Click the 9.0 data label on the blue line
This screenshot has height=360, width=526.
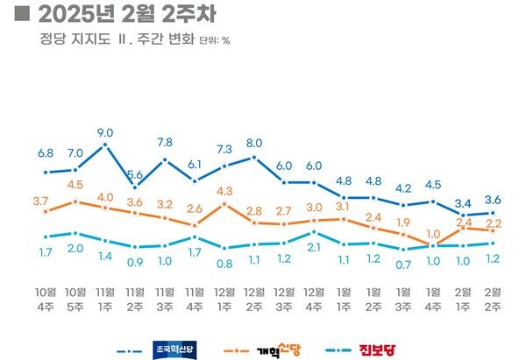[x=106, y=134]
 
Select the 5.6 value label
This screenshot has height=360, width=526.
[x=135, y=175]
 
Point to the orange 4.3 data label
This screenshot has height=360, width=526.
[x=224, y=190]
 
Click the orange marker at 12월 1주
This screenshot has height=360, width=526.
[x=225, y=203]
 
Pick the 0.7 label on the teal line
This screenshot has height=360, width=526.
[x=403, y=265]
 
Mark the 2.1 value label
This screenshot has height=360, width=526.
[x=314, y=248]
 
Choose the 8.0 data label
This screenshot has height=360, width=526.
[x=254, y=143]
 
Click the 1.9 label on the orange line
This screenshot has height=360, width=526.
[x=403, y=222]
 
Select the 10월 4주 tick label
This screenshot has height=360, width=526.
[x=46, y=298]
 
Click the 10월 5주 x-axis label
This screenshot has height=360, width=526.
[x=75, y=298]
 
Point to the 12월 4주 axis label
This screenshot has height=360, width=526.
[x=314, y=298]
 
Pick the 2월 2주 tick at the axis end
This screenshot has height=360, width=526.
[x=494, y=298]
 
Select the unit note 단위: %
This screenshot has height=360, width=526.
[x=214, y=41]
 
